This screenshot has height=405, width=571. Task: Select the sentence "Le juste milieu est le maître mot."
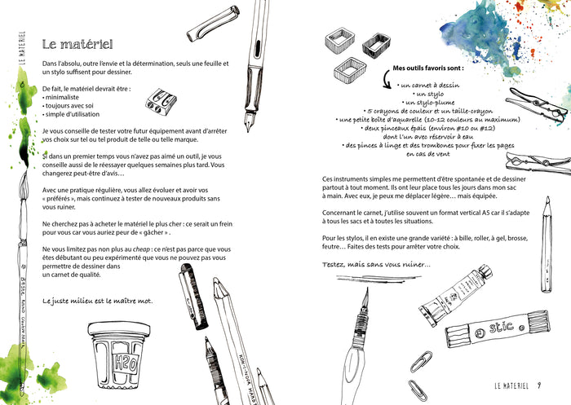(97, 301)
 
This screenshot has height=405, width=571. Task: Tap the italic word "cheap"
(126, 249)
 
